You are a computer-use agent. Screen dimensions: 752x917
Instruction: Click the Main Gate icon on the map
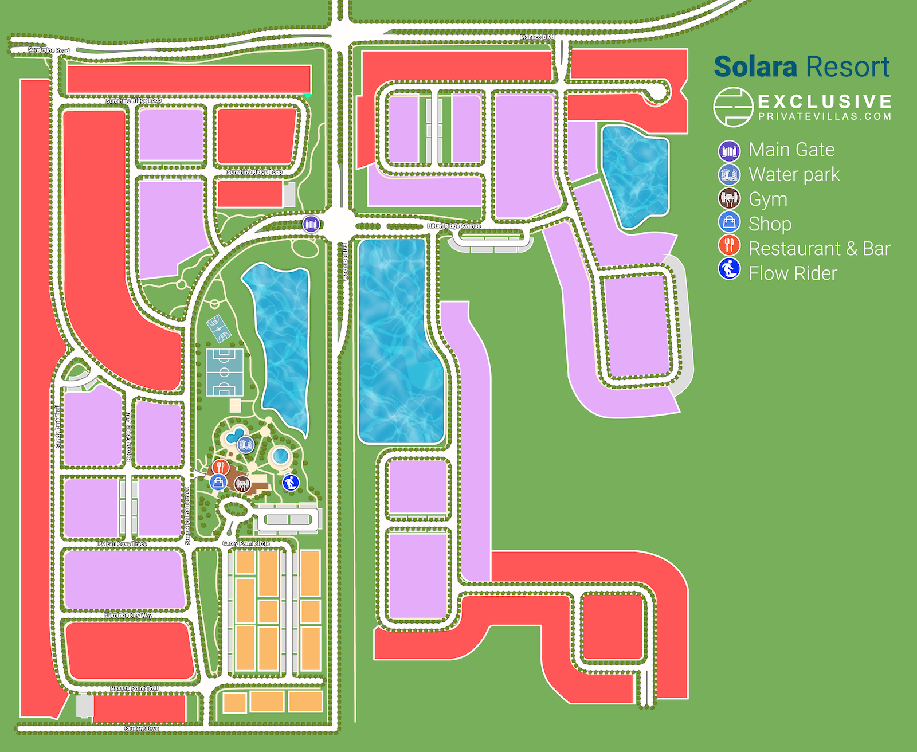click(x=311, y=224)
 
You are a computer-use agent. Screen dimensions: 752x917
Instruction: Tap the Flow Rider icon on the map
click(x=291, y=482)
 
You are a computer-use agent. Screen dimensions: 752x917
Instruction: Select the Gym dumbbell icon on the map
click(x=242, y=484)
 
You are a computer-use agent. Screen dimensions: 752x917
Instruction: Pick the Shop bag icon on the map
click(x=218, y=481)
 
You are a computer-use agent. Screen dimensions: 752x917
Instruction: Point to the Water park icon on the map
click(x=245, y=444)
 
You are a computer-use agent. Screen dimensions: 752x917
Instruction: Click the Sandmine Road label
click(x=49, y=50)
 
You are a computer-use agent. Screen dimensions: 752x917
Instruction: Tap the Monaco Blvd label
click(x=537, y=37)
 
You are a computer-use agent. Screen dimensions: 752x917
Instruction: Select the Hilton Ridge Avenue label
click(x=454, y=226)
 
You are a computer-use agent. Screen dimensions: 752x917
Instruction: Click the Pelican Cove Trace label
click(x=122, y=543)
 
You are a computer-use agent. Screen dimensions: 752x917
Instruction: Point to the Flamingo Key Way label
click(x=128, y=615)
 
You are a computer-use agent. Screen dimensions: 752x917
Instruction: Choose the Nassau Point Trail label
click(x=134, y=688)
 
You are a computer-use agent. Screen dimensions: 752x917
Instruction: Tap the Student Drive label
click(x=142, y=728)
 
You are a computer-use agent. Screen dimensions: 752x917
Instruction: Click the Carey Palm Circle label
click(x=246, y=543)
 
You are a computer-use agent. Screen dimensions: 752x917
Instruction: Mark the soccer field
click(x=225, y=372)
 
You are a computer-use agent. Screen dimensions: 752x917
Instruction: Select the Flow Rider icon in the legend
click(x=729, y=269)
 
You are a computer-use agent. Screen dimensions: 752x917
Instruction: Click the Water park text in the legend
click(x=794, y=174)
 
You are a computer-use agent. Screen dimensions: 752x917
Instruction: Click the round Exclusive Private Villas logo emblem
click(x=732, y=107)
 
